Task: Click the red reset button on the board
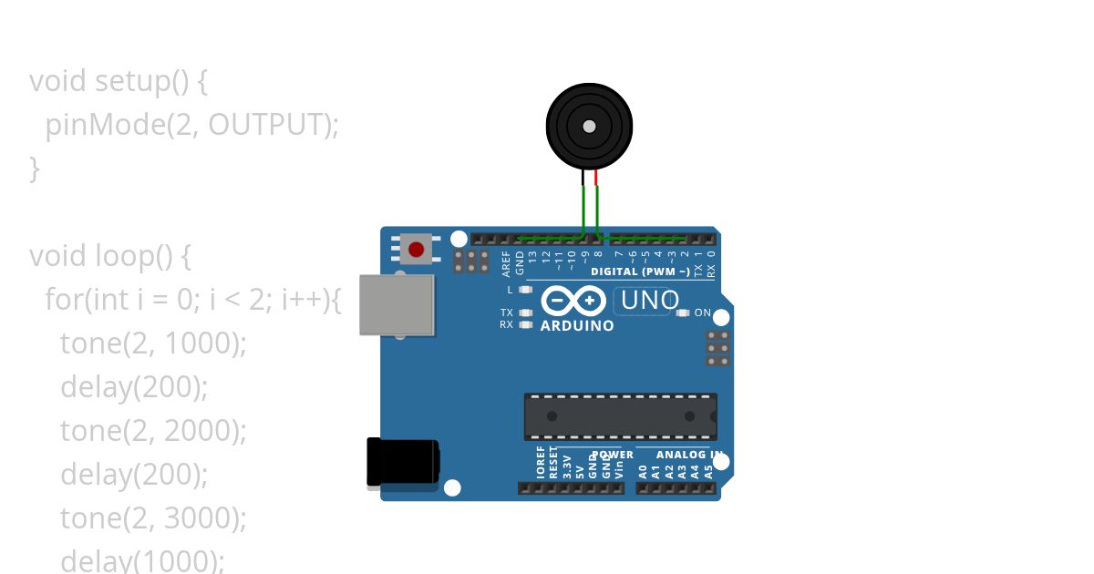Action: pyautogui.click(x=417, y=249)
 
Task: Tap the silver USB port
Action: pyautogui.click(x=397, y=304)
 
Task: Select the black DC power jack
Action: pyautogui.click(x=402, y=463)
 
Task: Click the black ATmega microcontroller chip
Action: pyautogui.click(x=620, y=416)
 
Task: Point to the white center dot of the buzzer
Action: pyautogui.click(x=589, y=127)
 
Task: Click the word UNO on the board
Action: pyautogui.click(x=649, y=300)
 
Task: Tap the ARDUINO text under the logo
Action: pyautogui.click(x=577, y=325)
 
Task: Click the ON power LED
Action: pyautogui.click(x=683, y=313)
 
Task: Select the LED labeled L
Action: pyautogui.click(x=524, y=290)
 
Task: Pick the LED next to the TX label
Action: pyautogui.click(x=524, y=313)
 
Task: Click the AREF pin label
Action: pyautogui.click(x=507, y=263)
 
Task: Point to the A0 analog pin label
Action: pyautogui.click(x=643, y=470)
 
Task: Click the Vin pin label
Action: pyautogui.click(x=619, y=468)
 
